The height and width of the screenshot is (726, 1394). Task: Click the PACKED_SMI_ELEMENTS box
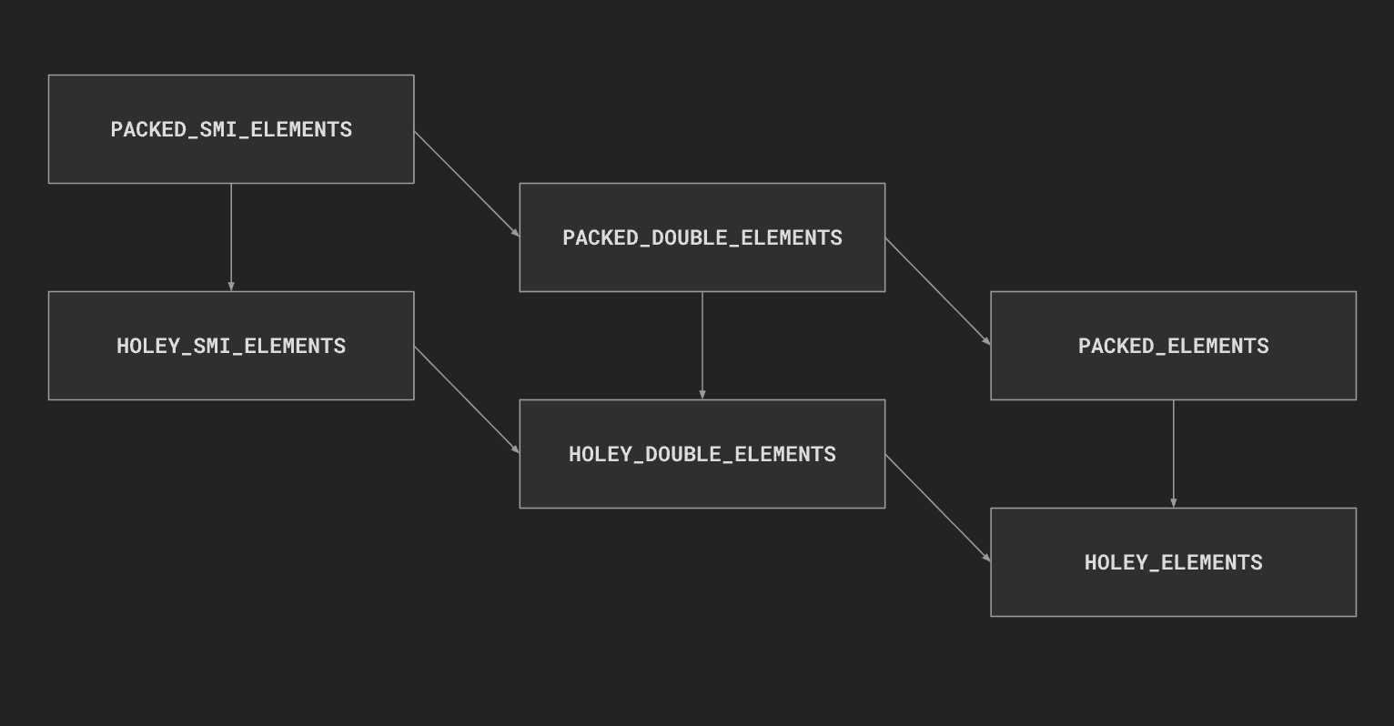[231, 129]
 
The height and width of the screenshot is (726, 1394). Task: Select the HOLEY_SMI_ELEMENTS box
[231, 346]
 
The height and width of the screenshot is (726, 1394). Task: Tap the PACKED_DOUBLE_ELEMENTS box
[702, 237]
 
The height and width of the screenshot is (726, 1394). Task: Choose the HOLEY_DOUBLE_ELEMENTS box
[702, 454]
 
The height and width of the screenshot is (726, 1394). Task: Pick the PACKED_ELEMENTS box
[1173, 346]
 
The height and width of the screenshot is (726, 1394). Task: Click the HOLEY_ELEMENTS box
[1173, 562]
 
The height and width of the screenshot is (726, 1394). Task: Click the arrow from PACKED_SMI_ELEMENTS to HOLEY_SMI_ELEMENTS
[231, 237]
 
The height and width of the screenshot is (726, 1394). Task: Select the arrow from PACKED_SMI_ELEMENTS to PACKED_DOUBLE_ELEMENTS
[467, 184]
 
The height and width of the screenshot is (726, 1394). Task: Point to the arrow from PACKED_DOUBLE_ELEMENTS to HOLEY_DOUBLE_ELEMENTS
[702, 346]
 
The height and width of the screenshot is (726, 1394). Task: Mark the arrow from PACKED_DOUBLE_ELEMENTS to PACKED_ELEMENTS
[938, 292]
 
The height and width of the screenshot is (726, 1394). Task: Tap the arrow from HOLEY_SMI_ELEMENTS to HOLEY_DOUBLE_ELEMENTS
[467, 400]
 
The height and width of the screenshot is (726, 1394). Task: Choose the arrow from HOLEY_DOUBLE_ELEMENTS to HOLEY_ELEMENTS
[938, 509]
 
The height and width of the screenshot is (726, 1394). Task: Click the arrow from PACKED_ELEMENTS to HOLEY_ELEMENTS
[1173, 454]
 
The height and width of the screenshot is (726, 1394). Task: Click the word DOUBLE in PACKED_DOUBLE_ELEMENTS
[690, 237]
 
